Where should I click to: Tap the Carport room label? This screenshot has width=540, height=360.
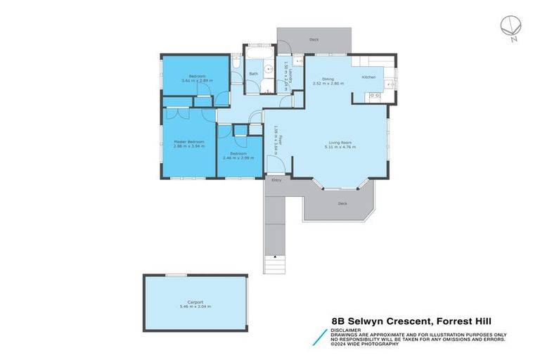tap(195, 302)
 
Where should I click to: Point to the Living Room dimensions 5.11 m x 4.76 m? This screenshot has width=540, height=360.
tap(340, 147)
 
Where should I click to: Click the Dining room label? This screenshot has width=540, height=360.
tap(328, 79)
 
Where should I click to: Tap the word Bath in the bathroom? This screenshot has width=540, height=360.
tap(252, 73)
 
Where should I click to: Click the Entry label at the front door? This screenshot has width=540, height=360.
tap(276, 180)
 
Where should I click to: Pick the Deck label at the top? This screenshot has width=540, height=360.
tap(314, 39)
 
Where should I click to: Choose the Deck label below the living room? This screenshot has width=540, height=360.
tap(342, 203)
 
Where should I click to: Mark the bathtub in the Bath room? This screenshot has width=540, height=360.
tap(259, 53)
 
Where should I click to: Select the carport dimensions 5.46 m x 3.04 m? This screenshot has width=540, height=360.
tap(195, 307)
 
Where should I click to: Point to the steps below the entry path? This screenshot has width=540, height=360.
tap(274, 264)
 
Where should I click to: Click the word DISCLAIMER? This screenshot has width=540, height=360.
tap(347, 329)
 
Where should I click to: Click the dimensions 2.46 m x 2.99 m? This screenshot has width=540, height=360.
tap(237, 157)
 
